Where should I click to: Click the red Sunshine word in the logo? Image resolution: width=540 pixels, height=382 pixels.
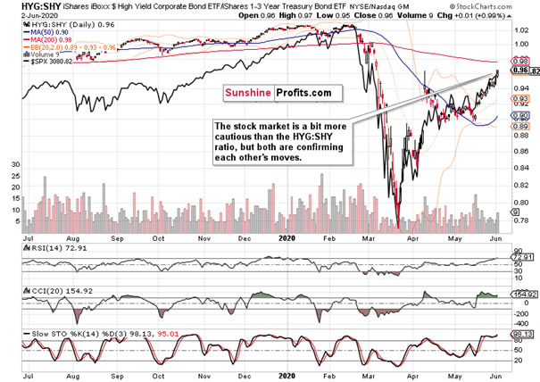[x=249, y=92]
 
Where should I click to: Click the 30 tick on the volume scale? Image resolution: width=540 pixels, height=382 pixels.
[x=15, y=165]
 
